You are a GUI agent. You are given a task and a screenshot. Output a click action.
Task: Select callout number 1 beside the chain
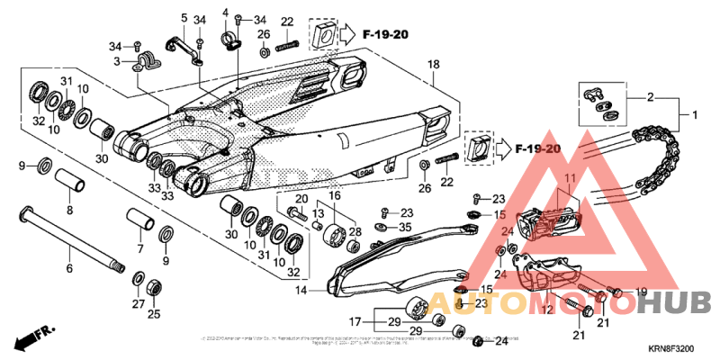pos(695,115)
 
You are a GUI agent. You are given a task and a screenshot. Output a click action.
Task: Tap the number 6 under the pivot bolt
pos(68,268)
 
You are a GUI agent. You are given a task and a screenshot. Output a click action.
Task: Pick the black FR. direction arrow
pos(34,338)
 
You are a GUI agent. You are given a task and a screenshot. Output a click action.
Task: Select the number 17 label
pos(356,320)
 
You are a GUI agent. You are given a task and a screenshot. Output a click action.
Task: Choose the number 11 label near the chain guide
pos(568,177)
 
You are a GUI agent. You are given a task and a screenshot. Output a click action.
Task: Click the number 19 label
pos(641,291)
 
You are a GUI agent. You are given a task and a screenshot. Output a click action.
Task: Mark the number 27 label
pos(137,304)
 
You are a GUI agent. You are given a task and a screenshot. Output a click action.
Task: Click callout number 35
pos(405,229)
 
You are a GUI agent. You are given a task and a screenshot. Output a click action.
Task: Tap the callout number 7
pos(139,247)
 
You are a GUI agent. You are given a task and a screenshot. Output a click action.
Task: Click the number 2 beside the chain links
pos(650,96)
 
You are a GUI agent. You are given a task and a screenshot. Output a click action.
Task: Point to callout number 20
pos(302,199)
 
